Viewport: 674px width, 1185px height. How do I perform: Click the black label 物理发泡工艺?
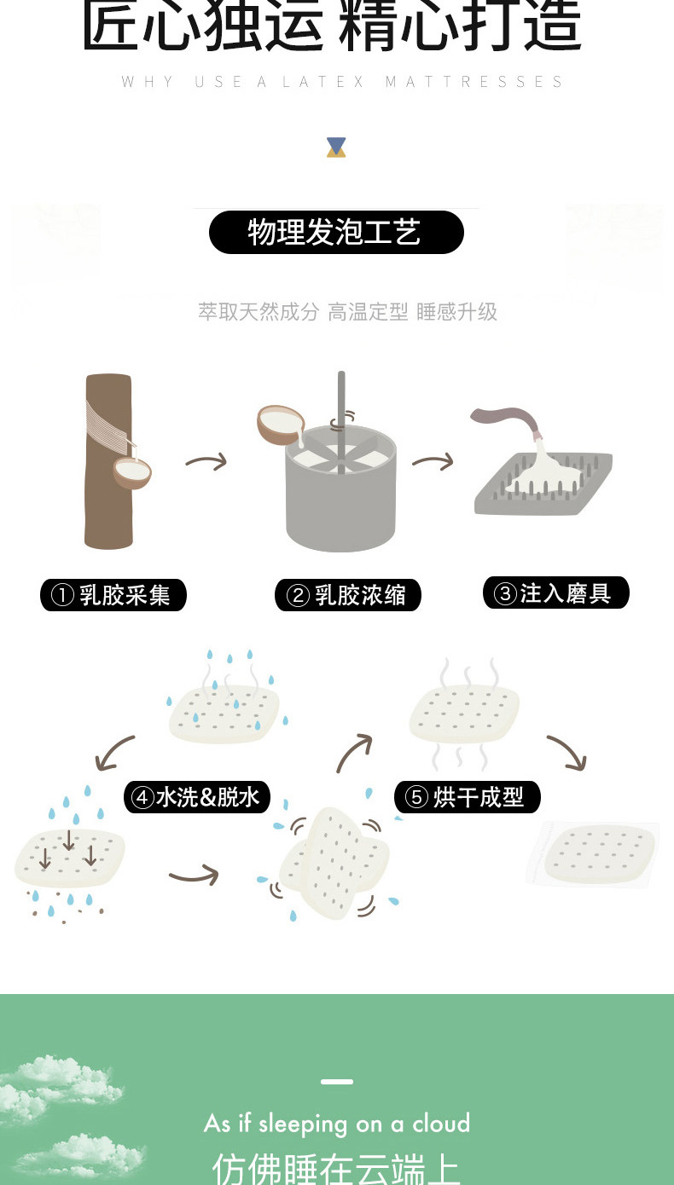coord(336,233)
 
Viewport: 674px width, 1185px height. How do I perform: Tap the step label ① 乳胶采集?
coord(113,595)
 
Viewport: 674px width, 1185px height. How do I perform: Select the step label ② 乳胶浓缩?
coord(347,595)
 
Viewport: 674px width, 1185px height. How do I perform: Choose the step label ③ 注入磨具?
coord(555,592)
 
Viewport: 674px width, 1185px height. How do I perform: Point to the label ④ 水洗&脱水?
coord(197,797)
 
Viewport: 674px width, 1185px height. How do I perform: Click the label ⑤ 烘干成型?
coord(467,797)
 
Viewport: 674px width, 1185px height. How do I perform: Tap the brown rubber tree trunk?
coord(107,460)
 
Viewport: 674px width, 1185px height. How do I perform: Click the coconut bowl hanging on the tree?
coord(132,471)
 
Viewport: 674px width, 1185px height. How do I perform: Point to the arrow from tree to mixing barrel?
coord(206,461)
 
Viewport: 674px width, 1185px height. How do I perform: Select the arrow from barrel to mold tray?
coord(433,461)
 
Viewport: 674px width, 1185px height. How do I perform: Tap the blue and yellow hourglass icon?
coord(336,147)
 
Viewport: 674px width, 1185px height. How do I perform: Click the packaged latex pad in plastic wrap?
coord(596,854)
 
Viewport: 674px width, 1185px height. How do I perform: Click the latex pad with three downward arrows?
coord(70,857)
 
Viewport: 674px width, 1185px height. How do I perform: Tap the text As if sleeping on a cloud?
coord(337,1124)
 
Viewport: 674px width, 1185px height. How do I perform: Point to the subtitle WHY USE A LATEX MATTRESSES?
coord(342,82)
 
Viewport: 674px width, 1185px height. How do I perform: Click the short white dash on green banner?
coord(337,1082)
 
